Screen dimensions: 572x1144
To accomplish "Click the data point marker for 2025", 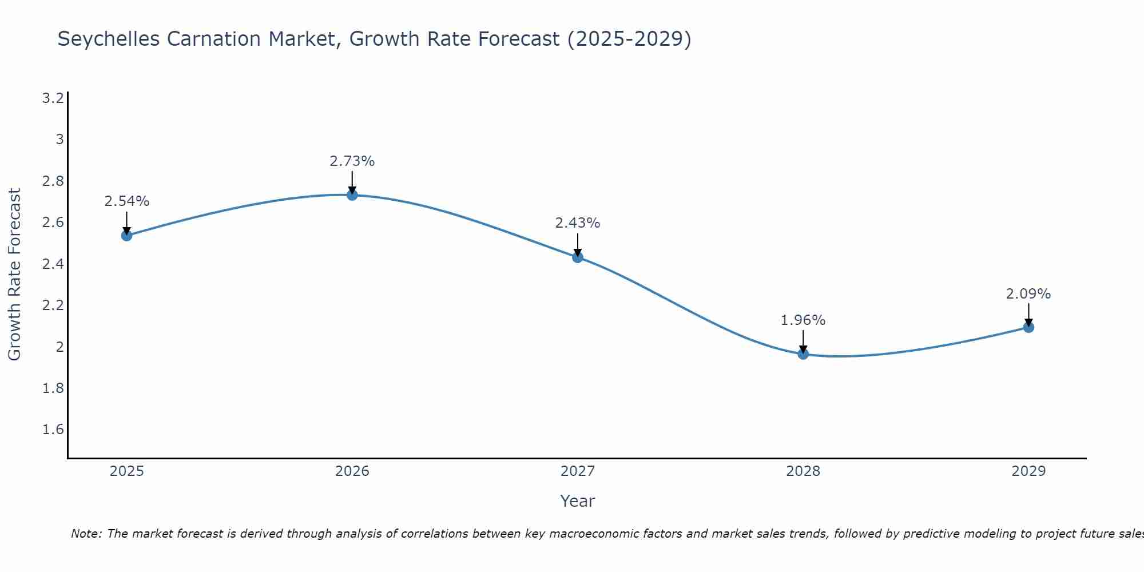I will [127, 236].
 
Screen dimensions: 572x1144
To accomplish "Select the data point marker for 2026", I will [352, 195].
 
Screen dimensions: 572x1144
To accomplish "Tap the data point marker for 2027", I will [578, 257].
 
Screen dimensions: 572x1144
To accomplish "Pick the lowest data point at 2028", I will [803, 354].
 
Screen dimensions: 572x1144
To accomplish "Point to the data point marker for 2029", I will [1028, 327].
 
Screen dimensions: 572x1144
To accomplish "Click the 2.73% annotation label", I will [352, 161].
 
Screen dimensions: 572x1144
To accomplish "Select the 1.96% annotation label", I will [803, 320].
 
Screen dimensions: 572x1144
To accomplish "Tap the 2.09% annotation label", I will [1028, 294].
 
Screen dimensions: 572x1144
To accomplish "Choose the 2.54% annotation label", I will [127, 201].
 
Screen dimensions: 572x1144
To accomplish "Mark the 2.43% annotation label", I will [578, 223].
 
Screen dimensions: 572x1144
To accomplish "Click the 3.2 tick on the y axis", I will [53, 98].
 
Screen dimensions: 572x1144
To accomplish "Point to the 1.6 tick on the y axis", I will [53, 430].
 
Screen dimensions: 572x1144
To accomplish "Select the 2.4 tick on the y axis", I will [53, 264].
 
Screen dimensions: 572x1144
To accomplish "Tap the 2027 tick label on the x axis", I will [578, 471].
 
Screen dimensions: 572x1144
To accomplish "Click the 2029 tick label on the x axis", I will [1028, 471].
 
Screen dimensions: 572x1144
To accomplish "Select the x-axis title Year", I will [578, 501].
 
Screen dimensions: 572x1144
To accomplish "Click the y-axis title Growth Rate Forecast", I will [14, 275].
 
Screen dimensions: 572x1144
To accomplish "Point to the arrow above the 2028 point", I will [803, 341].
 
